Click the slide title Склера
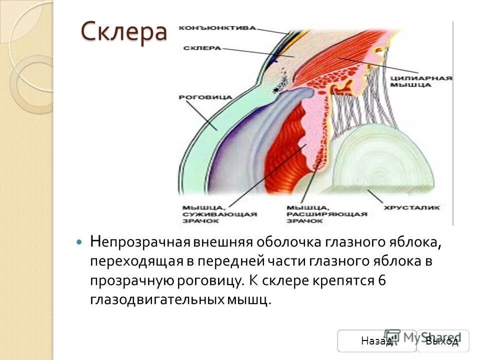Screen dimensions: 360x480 [x=123, y=32]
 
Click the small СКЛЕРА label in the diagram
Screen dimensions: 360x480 [x=202, y=48]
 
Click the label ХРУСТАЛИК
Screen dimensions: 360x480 [x=411, y=206]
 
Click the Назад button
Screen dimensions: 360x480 [x=376, y=341]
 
